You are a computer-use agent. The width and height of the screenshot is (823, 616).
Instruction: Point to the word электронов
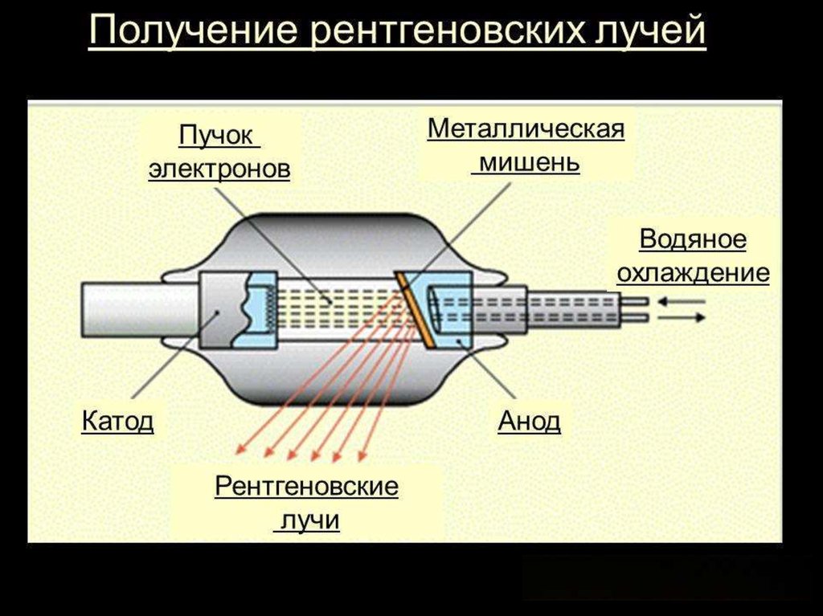[x=219, y=169]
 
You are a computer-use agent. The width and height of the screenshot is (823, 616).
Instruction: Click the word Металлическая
[x=526, y=129]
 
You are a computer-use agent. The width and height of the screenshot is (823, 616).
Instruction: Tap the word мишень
[x=526, y=163]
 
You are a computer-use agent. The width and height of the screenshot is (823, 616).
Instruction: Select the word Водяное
[x=693, y=239]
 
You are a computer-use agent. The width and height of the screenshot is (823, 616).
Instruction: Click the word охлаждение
[x=693, y=272]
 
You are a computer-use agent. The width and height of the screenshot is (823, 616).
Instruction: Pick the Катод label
[x=117, y=421]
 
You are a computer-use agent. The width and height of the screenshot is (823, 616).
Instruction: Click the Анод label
[x=529, y=421]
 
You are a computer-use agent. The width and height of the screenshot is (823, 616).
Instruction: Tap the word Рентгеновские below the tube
[x=307, y=487]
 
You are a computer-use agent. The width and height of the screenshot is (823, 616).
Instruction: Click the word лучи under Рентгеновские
[x=307, y=520]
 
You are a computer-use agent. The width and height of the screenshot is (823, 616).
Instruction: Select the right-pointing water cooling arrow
[x=683, y=317]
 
